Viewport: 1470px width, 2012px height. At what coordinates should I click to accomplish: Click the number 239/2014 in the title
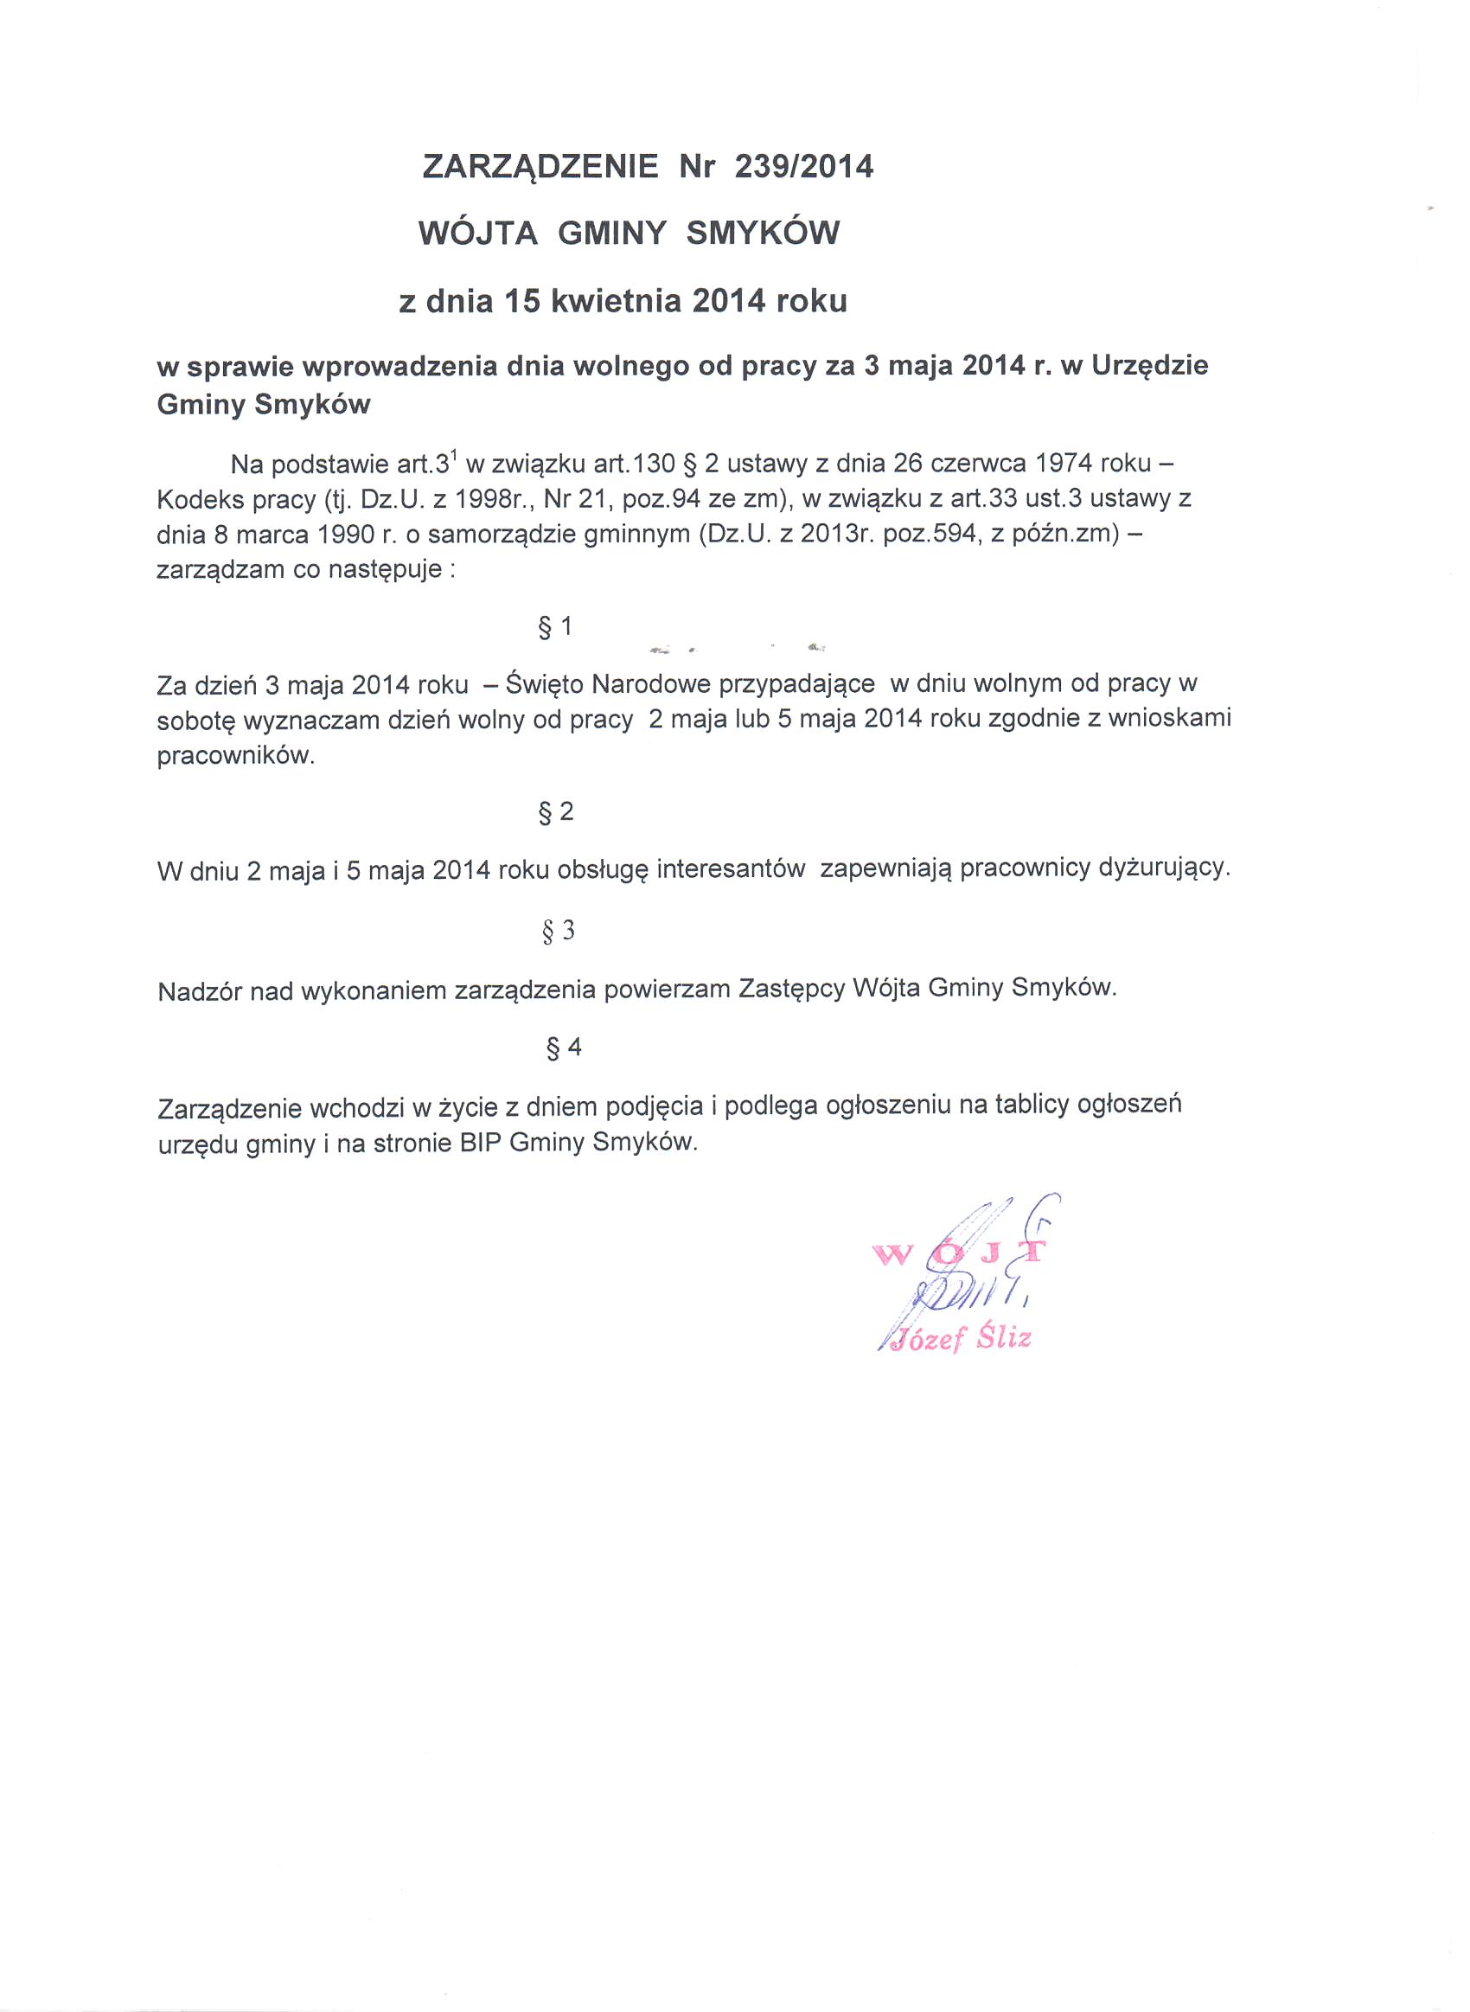pyautogui.click(x=803, y=166)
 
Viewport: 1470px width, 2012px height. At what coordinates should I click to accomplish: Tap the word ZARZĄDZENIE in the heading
pyautogui.click(x=540, y=166)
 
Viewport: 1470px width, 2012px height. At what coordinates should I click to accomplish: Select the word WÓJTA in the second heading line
pyautogui.click(x=478, y=234)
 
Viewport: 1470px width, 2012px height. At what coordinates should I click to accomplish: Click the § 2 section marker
pyautogui.click(x=556, y=811)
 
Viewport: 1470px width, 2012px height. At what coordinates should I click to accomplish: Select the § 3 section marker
pyautogui.click(x=558, y=931)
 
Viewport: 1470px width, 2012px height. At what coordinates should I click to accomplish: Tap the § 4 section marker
pyautogui.click(x=563, y=1048)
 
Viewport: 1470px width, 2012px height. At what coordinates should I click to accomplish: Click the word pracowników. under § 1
pyautogui.click(x=236, y=756)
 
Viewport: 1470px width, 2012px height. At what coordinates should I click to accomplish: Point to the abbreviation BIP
pyautogui.click(x=482, y=1143)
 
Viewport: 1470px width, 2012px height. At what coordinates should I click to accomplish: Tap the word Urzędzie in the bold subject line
pyautogui.click(x=1150, y=366)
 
